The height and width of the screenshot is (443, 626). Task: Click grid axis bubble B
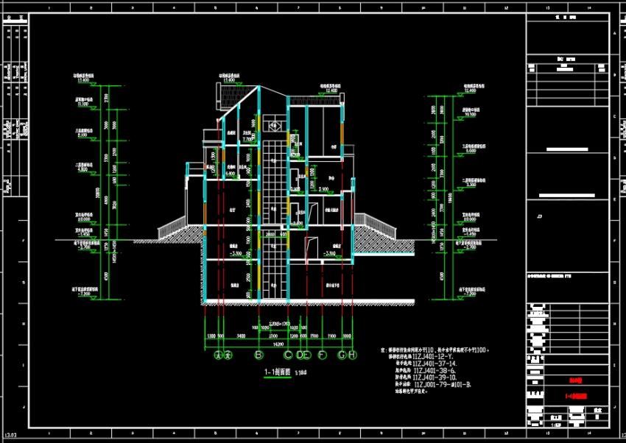pyautogui.click(x=259, y=355)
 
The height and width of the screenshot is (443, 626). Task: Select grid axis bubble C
pyautogui.click(x=287, y=355)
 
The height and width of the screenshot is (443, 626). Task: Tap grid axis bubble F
pyautogui.click(x=322, y=355)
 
